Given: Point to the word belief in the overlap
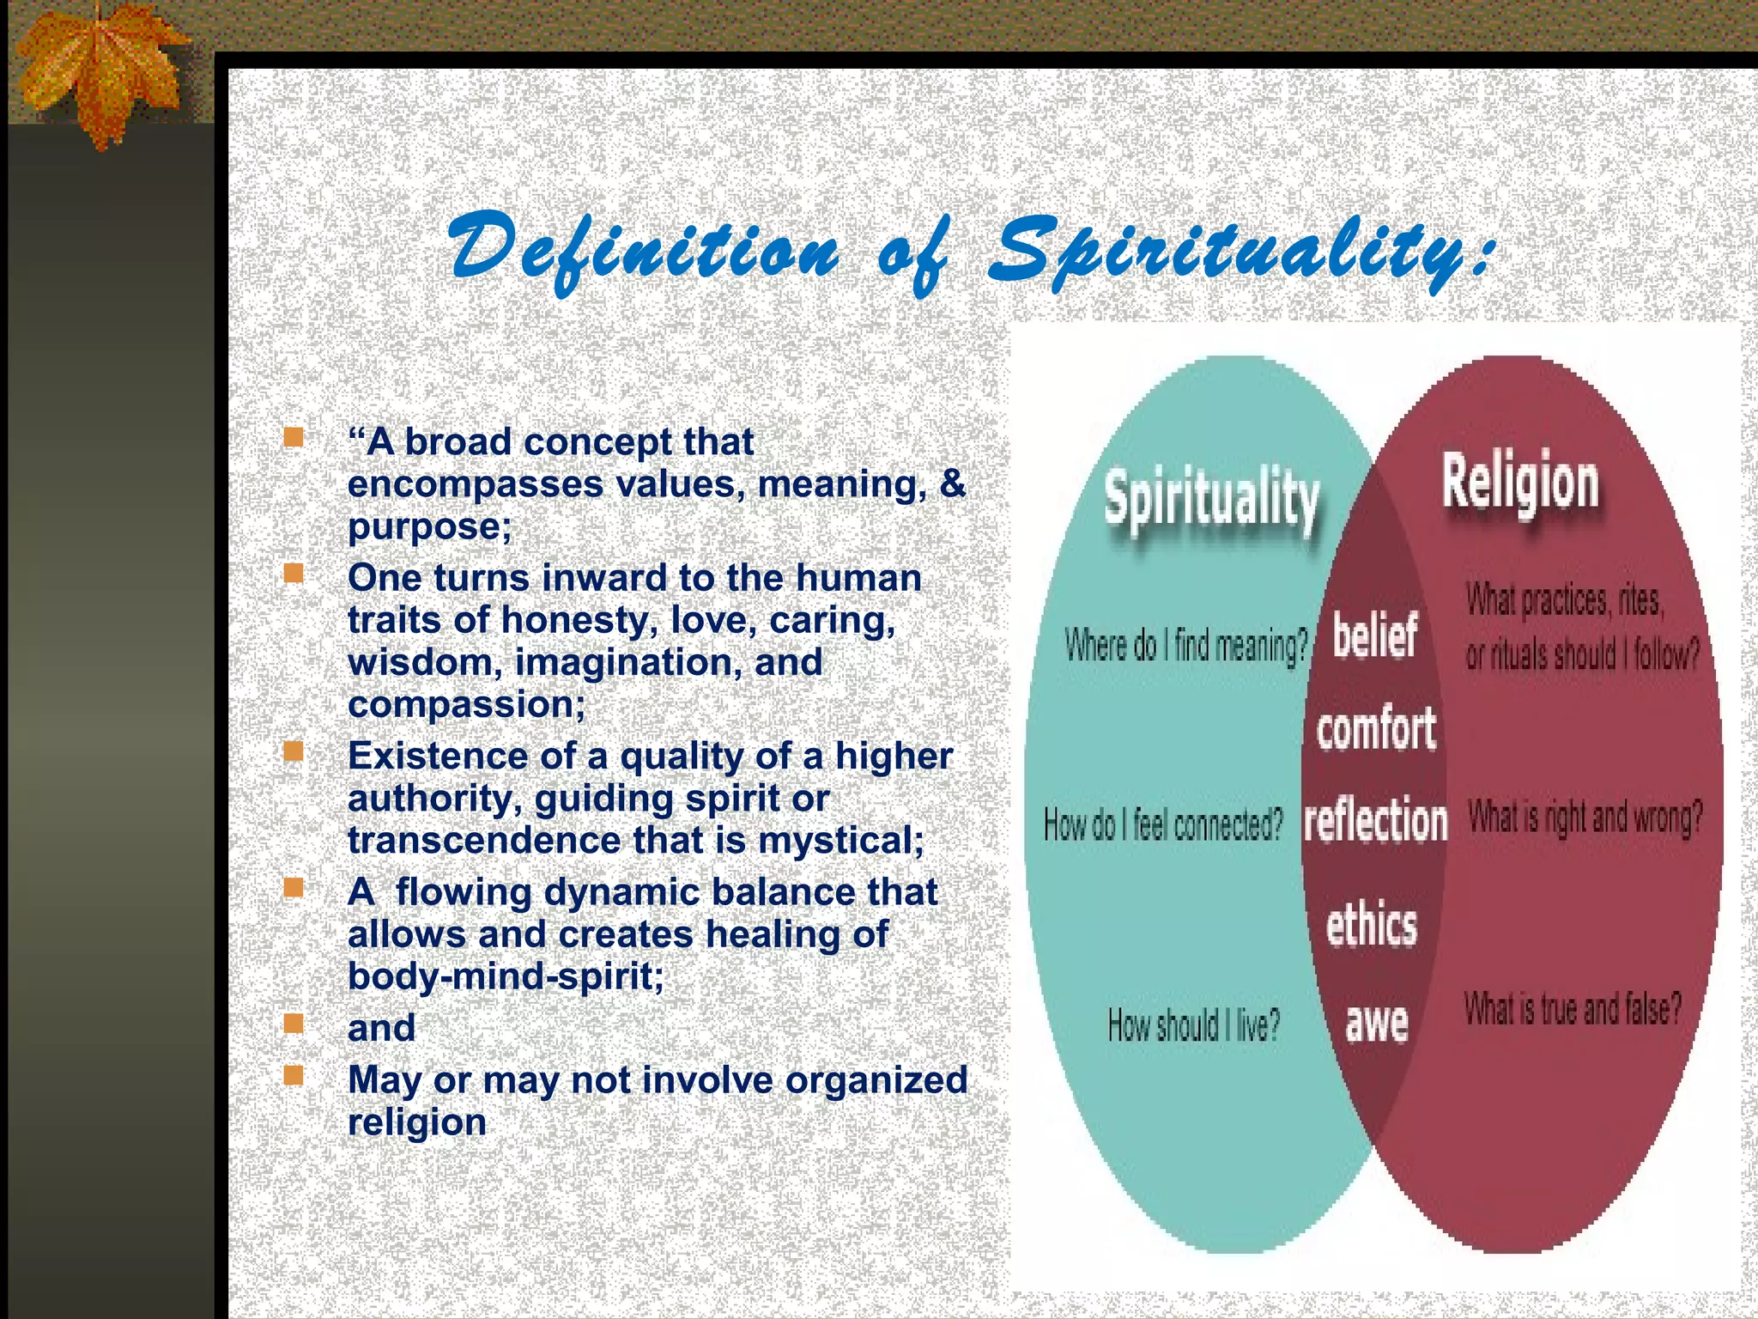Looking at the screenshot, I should tap(1374, 636).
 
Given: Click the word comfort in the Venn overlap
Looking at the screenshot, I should tap(1376, 730).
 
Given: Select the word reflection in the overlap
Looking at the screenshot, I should tap(1375, 820).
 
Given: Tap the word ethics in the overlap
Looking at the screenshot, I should tap(1372, 926).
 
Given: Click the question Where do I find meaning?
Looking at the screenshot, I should tap(1185, 646).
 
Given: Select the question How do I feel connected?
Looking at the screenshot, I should tap(1163, 825).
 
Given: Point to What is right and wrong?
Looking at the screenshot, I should tap(1585, 818).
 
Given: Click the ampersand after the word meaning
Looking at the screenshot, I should tap(953, 483).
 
